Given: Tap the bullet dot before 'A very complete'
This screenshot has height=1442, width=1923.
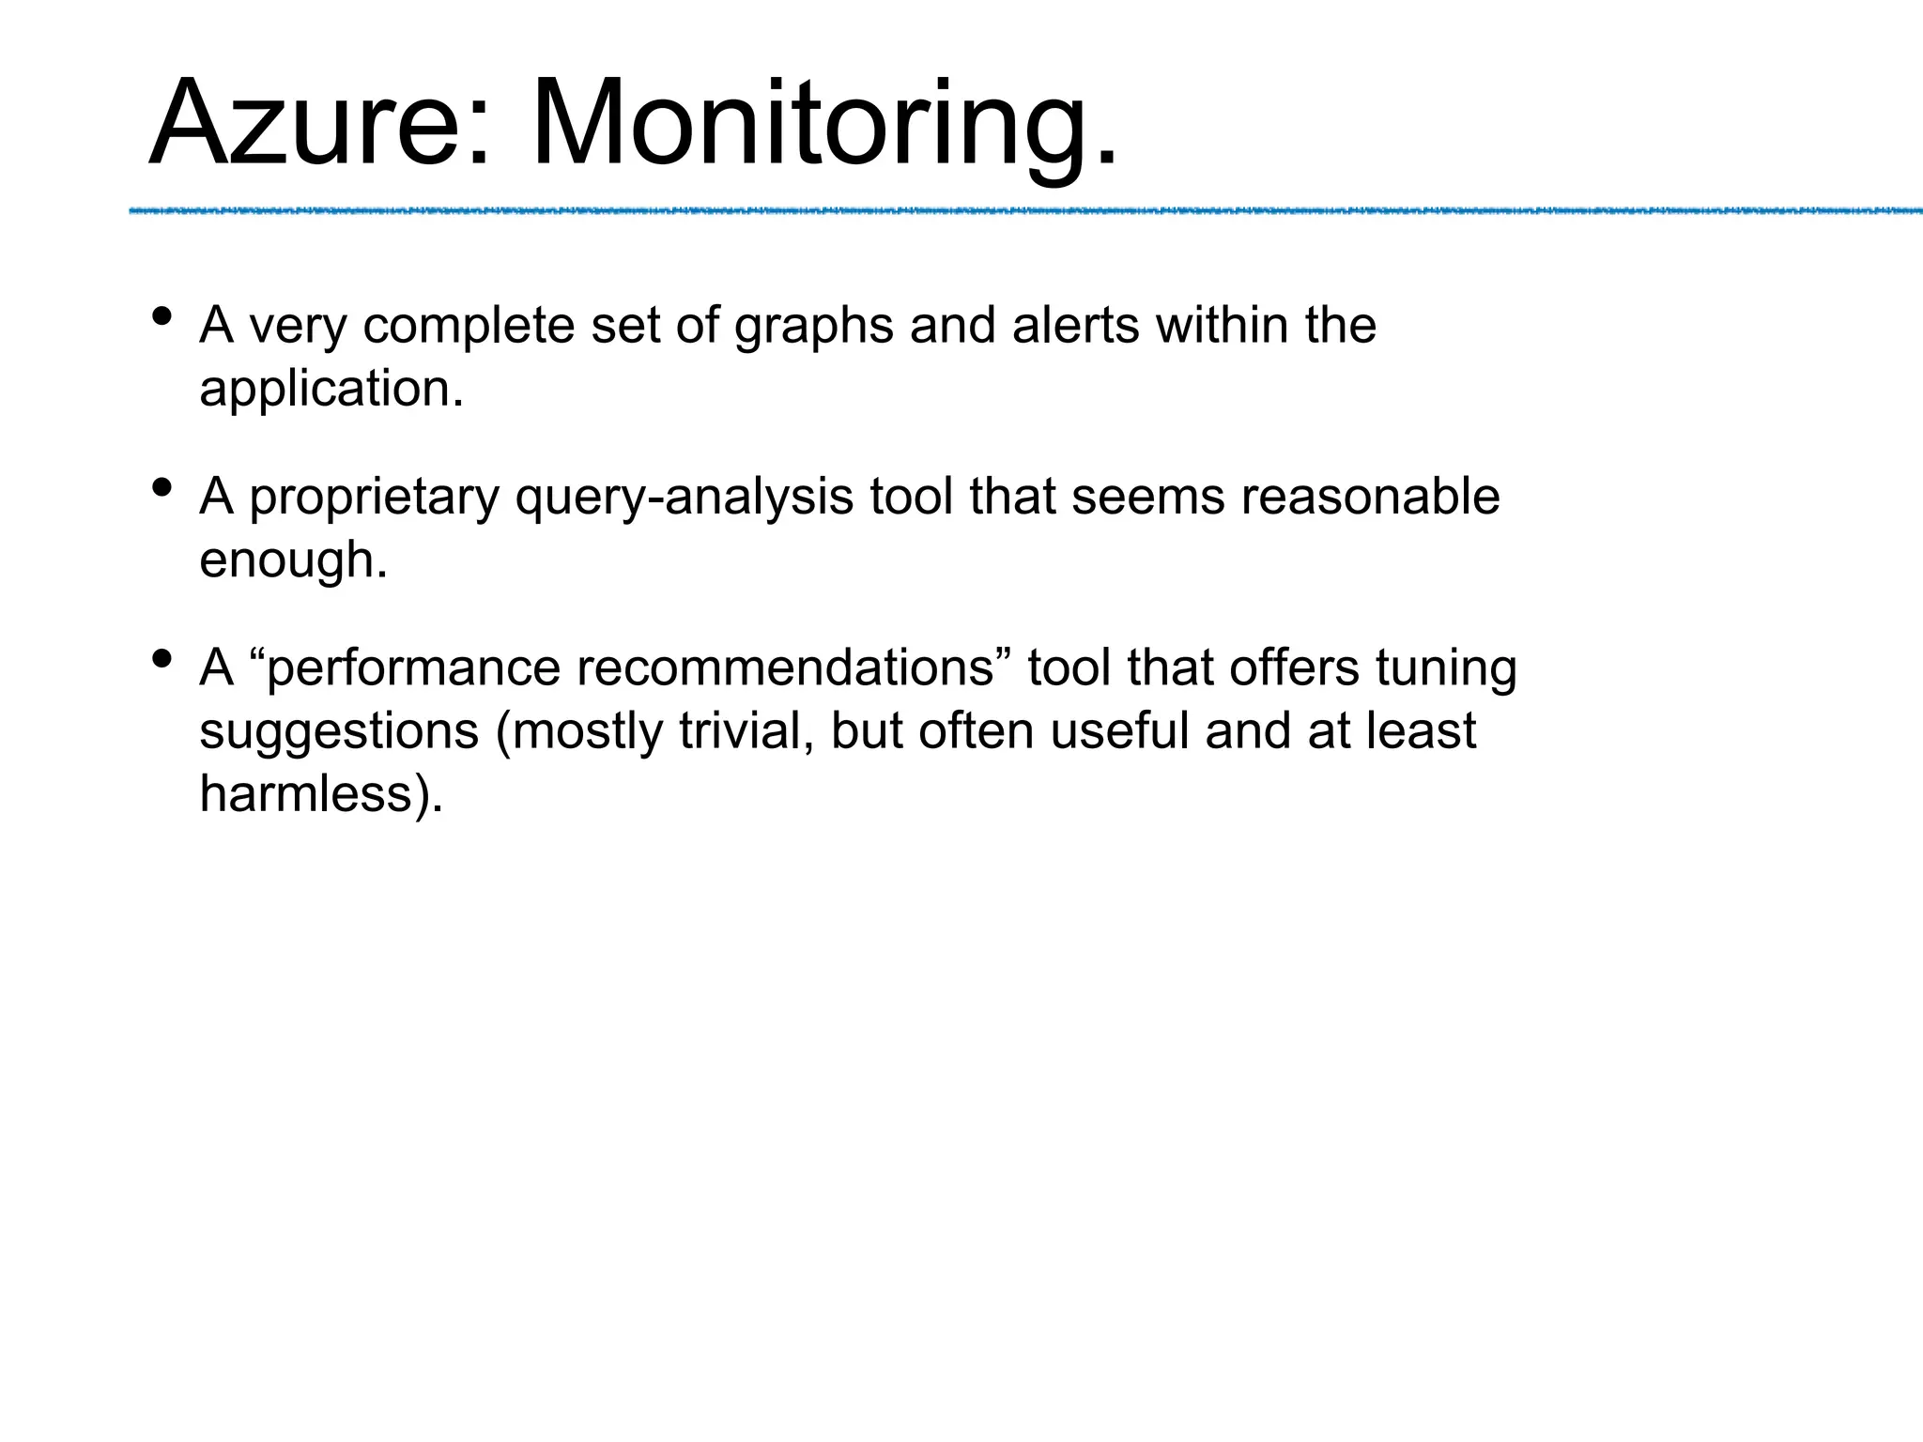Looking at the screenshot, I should coord(162,316).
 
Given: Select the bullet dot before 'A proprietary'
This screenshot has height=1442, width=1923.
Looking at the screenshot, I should coord(162,488).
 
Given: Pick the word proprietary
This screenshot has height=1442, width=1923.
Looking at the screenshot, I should coord(374,498).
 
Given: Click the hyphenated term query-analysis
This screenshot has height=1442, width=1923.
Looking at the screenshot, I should coord(685,498).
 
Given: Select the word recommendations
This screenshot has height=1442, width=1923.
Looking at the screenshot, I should coord(785,668).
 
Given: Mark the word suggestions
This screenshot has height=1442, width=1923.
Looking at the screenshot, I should coord(339,731).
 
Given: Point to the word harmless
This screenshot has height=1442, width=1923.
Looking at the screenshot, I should coord(306,793).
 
